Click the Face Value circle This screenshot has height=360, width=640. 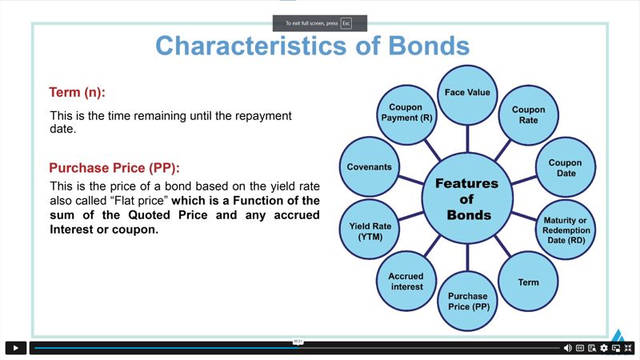tap(467, 95)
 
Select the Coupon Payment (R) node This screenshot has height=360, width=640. tap(406, 115)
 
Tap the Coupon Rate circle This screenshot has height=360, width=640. tap(529, 115)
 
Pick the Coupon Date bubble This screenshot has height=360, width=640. tap(566, 167)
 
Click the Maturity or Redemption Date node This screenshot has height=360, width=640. tap(566, 230)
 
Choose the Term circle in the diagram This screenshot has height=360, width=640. tap(529, 282)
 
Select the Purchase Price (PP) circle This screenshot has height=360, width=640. tap(467, 302)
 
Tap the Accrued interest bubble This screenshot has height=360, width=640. tap(406, 282)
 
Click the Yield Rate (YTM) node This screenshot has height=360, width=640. tap(370, 230)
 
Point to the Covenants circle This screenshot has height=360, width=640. tap(370, 166)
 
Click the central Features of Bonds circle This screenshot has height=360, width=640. tap(467, 198)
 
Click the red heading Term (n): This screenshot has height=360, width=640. tap(77, 93)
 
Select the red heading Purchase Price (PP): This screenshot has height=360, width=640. tap(114, 168)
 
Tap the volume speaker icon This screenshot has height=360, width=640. tap(568, 348)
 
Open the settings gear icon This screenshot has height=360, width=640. tap(604, 348)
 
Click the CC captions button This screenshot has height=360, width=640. tap(580, 348)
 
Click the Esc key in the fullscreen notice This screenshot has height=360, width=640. tap(346, 23)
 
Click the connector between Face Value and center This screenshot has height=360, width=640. tap(467, 138)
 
